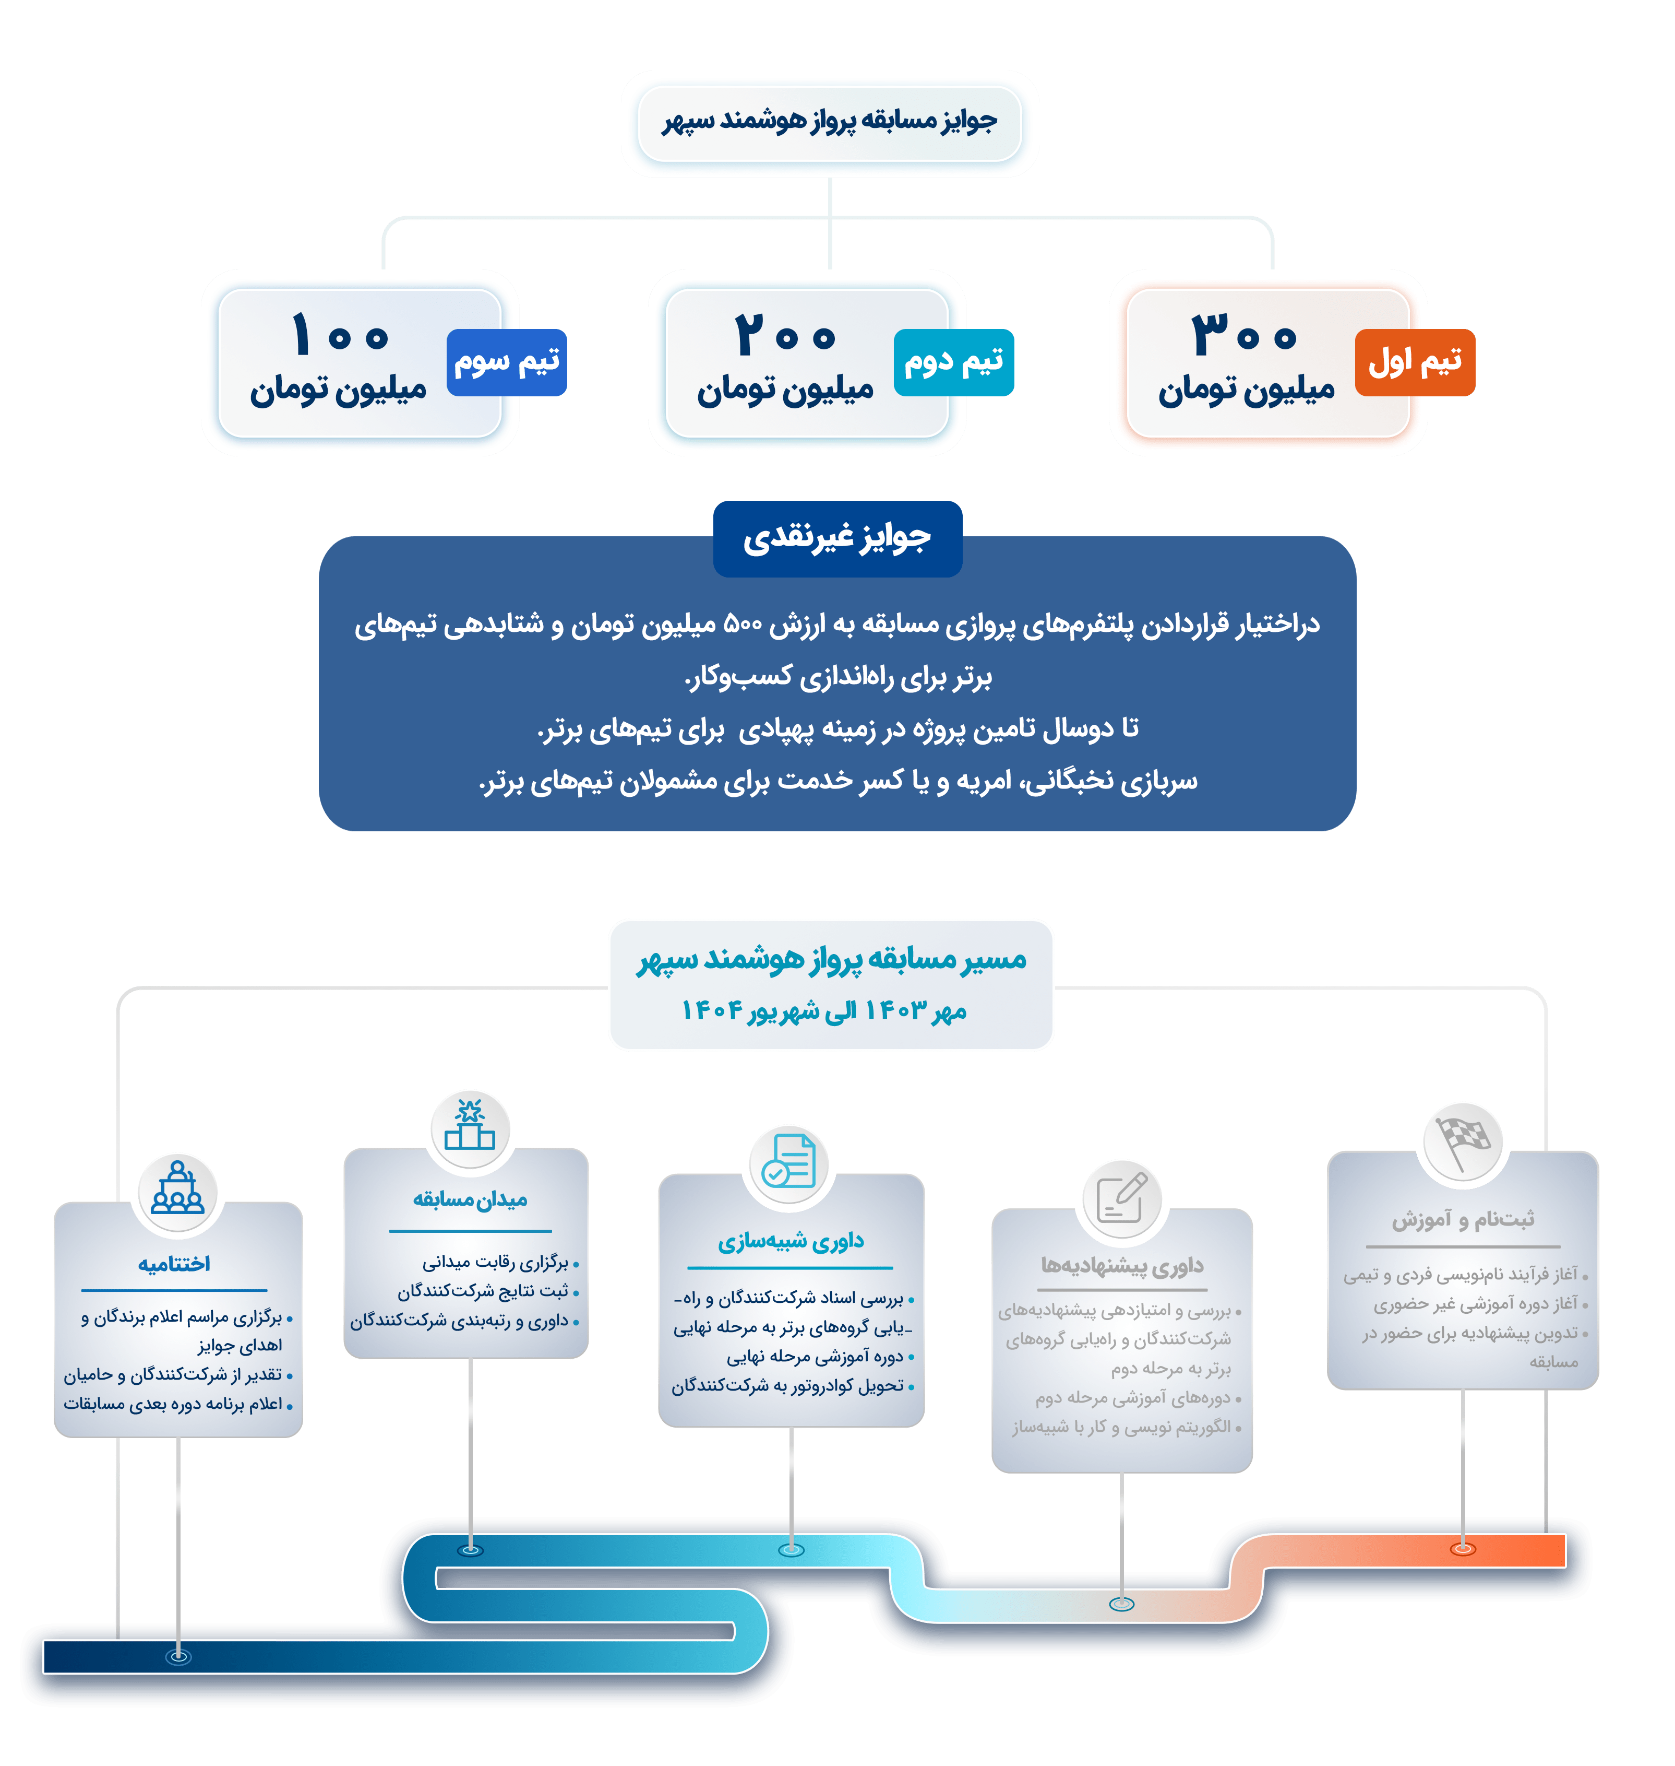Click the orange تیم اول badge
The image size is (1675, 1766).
(1414, 362)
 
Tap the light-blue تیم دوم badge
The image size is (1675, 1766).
(953, 362)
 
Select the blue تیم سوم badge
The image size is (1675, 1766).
(506, 362)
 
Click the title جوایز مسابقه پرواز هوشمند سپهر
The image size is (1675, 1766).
(830, 121)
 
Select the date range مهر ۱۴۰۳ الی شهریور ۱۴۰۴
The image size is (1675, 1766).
(823, 1010)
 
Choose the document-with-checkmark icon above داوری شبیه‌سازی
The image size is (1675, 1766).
(789, 1162)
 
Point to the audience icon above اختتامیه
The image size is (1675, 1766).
(178, 1190)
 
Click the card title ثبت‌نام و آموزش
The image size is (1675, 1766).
(1463, 1219)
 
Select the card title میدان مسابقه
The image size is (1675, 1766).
(470, 1199)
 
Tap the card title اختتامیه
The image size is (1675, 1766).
(174, 1264)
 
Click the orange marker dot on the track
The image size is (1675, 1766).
(1463, 1549)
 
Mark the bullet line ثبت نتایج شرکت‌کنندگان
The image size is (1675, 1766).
(483, 1292)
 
